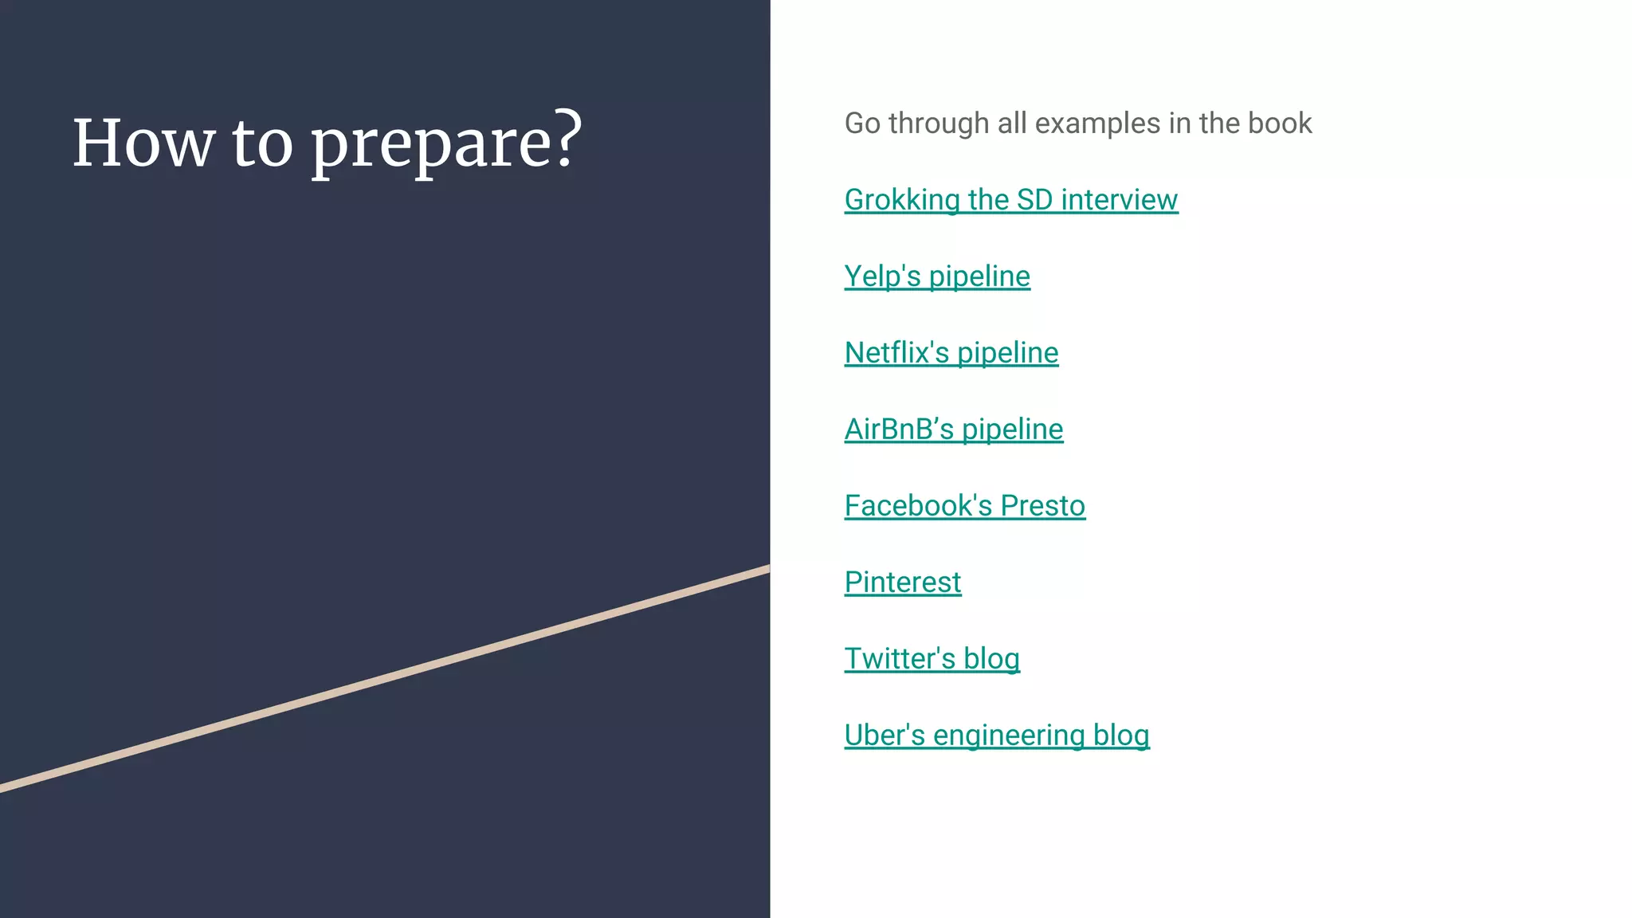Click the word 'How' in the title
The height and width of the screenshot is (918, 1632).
[x=143, y=143]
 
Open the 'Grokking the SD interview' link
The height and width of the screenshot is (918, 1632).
[x=1010, y=199]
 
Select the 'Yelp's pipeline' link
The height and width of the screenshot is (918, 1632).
[x=937, y=276]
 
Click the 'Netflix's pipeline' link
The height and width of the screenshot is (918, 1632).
[x=951, y=352]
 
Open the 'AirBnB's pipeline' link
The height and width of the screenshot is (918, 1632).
[x=954, y=429]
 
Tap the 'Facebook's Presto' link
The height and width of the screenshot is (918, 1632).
[x=964, y=505]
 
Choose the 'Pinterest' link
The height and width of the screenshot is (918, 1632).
[x=903, y=582]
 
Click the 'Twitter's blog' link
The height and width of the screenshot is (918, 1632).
[x=932, y=658]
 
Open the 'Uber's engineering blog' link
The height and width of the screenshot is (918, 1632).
[x=996, y=735]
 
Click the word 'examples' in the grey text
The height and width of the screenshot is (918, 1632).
[x=1097, y=124]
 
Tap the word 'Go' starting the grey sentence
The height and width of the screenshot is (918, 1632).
[x=862, y=124]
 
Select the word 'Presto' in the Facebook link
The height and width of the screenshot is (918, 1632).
[x=1042, y=505]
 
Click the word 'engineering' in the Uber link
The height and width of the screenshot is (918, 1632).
[x=1009, y=735]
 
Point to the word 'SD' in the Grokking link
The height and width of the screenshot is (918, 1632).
[x=1034, y=199]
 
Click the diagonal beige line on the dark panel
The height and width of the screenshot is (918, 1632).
[x=382, y=679]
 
